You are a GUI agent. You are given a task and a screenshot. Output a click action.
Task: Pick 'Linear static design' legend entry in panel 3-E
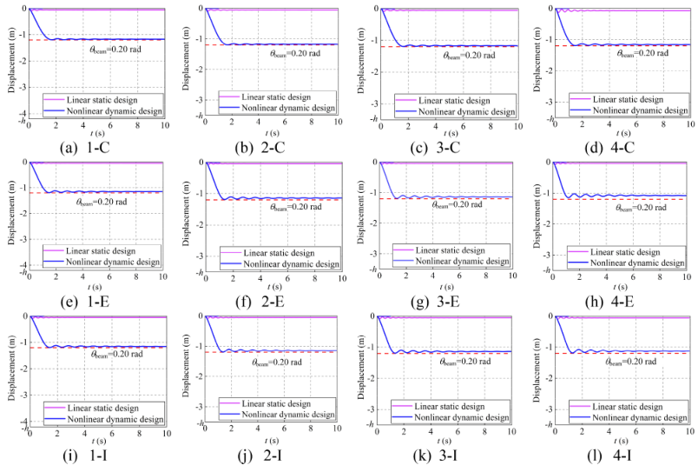[x=460, y=249]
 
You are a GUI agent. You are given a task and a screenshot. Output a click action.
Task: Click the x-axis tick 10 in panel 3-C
[x=517, y=126]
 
